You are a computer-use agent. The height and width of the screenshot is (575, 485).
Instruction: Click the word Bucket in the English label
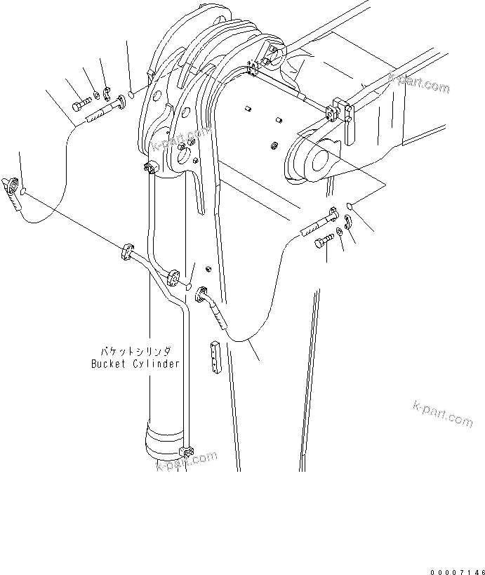click(x=107, y=364)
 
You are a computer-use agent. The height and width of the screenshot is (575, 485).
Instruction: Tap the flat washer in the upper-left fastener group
click(x=96, y=95)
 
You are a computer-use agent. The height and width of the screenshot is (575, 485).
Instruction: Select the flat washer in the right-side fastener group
click(x=340, y=232)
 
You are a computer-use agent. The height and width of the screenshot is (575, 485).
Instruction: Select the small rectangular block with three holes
click(x=215, y=357)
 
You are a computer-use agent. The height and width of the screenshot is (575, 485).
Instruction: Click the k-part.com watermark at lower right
click(x=439, y=414)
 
